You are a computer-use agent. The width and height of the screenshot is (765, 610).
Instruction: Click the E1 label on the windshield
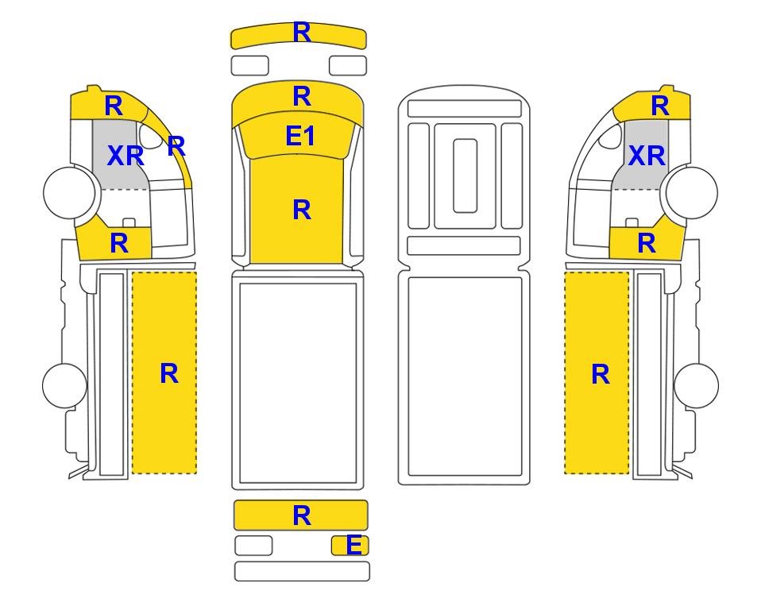click(300, 136)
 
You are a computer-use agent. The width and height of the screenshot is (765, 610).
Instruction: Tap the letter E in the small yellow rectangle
click(354, 545)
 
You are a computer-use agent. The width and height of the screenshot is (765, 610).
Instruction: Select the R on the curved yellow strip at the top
click(302, 33)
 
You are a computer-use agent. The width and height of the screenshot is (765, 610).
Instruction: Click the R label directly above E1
click(302, 96)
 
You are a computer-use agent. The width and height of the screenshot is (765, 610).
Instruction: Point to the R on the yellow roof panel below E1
click(302, 210)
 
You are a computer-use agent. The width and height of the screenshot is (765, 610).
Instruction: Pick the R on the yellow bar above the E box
click(302, 515)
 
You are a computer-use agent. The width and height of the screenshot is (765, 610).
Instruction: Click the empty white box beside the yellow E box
click(253, 546)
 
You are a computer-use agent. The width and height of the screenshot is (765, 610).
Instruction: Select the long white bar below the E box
click(302, 571)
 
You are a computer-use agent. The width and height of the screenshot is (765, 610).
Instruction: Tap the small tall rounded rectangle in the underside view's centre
click(465, 176)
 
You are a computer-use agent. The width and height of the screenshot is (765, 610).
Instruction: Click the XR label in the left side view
click(126, 156)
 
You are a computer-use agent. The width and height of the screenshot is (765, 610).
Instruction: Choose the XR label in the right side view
click(647, 156)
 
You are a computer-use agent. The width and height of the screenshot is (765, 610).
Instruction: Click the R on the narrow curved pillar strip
click(176, 146)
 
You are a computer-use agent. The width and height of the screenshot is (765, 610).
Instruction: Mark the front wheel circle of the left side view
click(69, 192)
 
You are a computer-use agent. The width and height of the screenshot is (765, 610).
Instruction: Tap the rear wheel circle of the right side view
click(696, 385)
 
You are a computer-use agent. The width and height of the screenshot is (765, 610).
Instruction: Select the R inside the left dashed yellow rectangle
click(168, 374)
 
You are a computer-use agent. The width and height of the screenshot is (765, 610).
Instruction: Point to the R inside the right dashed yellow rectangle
click(600, 375)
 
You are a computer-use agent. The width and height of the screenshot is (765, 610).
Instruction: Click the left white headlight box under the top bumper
click(249, 66)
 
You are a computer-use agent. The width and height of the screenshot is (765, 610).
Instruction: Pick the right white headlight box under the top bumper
click(348, 66)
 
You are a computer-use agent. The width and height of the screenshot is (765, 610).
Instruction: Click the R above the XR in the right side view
click(659, 106)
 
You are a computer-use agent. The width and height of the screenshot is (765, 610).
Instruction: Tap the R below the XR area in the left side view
click(119, 243)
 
